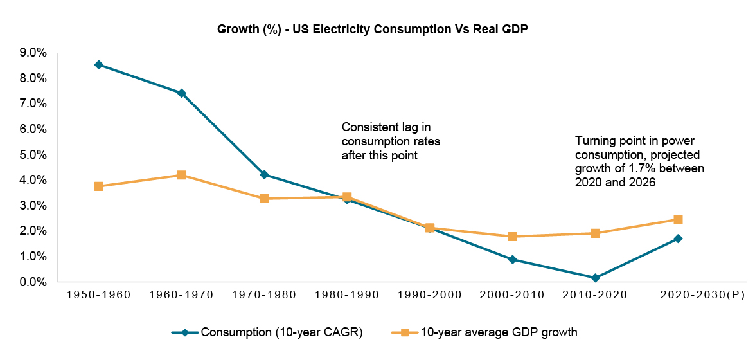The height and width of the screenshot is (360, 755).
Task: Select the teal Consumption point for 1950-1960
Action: (x=98, y=65)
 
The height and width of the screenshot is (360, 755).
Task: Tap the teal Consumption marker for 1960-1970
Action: (x=181, y=93)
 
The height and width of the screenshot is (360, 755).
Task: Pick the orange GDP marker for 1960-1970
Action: (x=181, y=175)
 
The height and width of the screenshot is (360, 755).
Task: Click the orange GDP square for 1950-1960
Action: (x=98, y=186)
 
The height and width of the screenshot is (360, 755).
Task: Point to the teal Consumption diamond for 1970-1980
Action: (x=264, y=175)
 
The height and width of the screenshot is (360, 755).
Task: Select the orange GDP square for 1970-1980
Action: (x=264, y=199)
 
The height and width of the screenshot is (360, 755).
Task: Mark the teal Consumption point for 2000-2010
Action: (x=512, y=260)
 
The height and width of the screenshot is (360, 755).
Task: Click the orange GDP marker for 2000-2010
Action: (x=512, y=237)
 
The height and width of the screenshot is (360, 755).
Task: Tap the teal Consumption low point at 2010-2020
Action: (x=595, y=278)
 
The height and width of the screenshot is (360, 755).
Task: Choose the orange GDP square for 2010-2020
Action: (x=595, y=233)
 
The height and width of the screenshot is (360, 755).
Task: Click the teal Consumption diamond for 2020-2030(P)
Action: (x=678, y=239)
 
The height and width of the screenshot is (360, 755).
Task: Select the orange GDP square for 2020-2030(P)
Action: (x=678, y=220)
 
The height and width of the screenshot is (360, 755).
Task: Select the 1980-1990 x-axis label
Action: (x=347, y=295)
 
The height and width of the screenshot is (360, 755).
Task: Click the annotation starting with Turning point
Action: (x=639, y=161)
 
